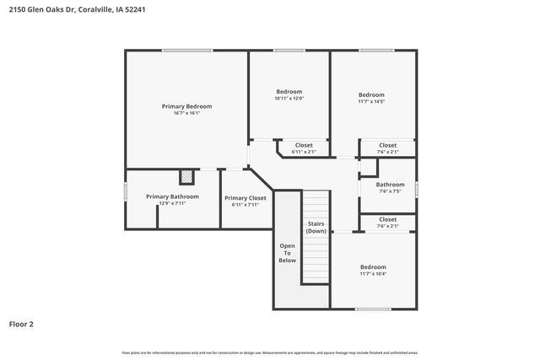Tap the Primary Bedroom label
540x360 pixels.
[186, 106]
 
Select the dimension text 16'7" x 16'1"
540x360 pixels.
[186, 113]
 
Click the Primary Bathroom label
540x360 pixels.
[172, 196]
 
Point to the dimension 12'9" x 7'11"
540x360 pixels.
[172, 203]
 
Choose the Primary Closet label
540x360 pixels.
[245, 197]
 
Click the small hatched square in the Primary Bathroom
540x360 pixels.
[186, 177]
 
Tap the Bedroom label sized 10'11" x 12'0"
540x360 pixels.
[289, 91]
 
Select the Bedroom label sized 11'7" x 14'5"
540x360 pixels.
[371, 94]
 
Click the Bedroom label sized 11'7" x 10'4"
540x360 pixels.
[373, 266]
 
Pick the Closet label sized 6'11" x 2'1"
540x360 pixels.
[303, 145]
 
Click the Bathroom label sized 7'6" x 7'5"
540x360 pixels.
[390, 185]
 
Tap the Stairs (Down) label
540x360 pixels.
[316, 227]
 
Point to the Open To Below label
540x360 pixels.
[287, 253]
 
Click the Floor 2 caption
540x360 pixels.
[21, 324]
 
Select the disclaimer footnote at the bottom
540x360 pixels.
[270, 352]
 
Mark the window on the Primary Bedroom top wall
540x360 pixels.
[186, 51]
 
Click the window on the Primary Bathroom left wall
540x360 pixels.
[126, 192]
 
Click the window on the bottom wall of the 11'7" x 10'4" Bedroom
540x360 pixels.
[372, 309]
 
